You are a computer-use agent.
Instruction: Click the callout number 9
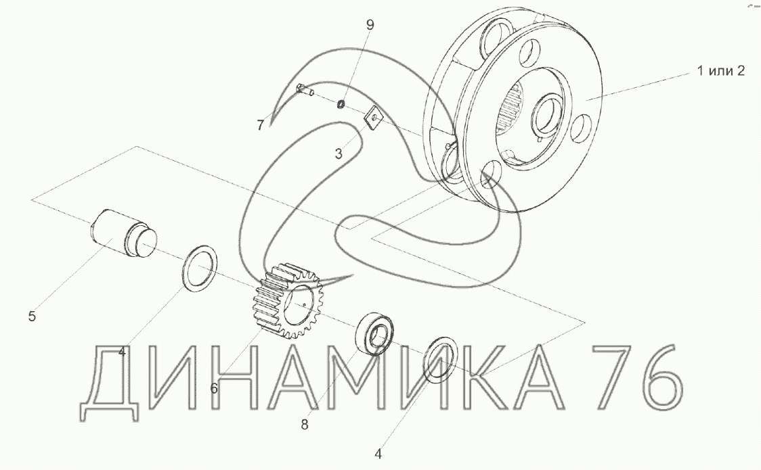(x=370, y=25)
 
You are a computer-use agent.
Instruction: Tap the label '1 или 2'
(x=721, y=71)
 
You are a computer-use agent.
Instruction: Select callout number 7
(x=261, y=126)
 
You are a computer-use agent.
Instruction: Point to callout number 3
(x=339, y=154)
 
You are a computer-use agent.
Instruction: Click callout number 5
(x=32, y=316)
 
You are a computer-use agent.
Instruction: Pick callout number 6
(x=214, y=388)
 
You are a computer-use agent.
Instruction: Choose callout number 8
(x=304, y=425)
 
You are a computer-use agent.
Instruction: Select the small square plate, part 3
(x=374, y=117)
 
